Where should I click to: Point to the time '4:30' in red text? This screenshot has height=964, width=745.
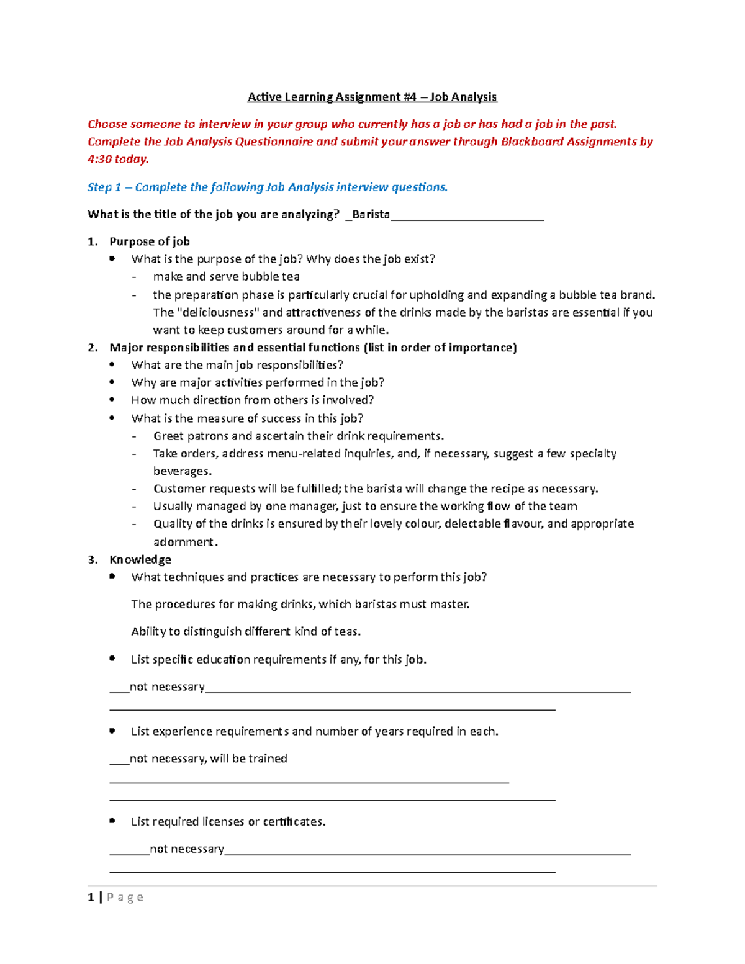click(x=99, y=159)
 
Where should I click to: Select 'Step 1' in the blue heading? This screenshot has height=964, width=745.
click(x=104, y=187)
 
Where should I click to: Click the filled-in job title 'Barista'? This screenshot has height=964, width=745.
click(x=371, y=214)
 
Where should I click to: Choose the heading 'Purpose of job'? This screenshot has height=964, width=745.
click(x=150, y=241)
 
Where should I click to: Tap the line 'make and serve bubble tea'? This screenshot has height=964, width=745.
click(x=226, y=276)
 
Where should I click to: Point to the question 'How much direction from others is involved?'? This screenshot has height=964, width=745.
click(x=252, y=400)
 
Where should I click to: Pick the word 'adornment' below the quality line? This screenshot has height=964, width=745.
click(x=184, y=542)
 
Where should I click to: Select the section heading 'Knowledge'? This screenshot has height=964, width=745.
click(x=140, y=559)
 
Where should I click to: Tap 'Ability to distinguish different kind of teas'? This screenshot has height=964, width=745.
click(x=246, y=631)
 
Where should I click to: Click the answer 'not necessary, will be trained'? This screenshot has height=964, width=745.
click(x=208, y=759)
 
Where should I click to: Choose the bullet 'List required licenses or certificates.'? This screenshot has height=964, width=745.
click(x=228, y=821)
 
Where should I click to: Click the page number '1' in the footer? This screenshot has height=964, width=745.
click(x=91, y=897)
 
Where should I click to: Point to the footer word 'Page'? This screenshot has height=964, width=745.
click(x=125, y=897)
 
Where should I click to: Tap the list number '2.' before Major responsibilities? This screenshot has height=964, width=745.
click(x=93, y=347)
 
